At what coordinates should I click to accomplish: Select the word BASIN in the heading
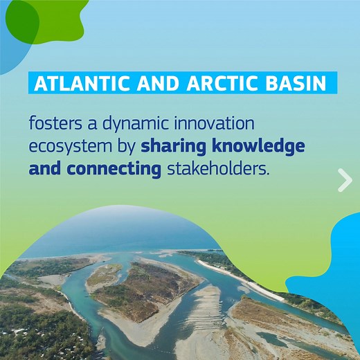[x=297, y=84]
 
